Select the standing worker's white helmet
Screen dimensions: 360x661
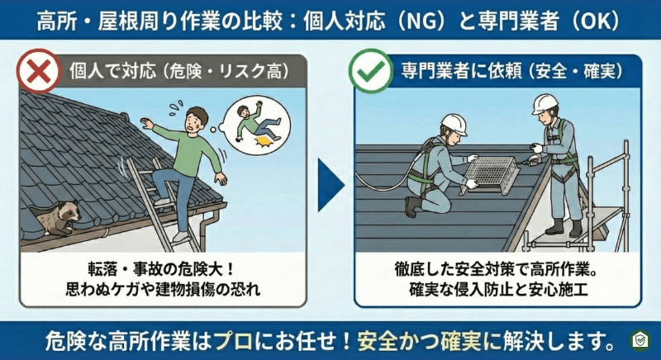pyautogui.click(x=544, y=103)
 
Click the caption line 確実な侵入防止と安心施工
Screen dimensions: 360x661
pyautogui.click(x=492, y=291)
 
